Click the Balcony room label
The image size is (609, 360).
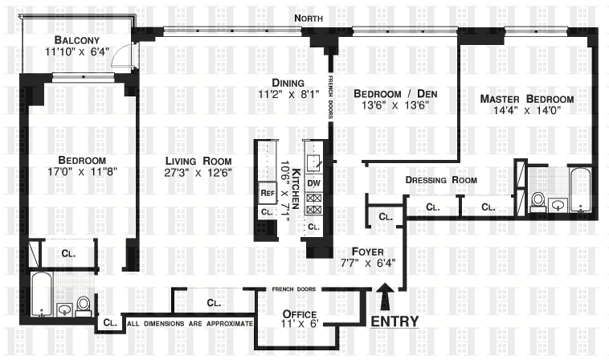pyautogui.click(x=77, y=40)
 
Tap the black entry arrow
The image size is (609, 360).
pyautogui.click(x=385, y=297)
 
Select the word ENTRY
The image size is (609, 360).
pyautogui.click(x=394, y=321)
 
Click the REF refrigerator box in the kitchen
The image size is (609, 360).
pyautogui.click(x=268, y=193)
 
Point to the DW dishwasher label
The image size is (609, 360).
pyautogui.click(x=313, y=182)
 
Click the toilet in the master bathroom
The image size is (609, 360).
pyautogui.click(x=538, y=202)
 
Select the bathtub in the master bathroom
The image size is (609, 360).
pyautogui.click(x=581, y=190)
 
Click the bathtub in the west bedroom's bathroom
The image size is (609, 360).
pyautogui.click(x=42, y=294)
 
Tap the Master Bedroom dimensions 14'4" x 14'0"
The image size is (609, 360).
pyautogui.click(x=527, y=110)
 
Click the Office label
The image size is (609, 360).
pyautogui.click(x=300, y=313)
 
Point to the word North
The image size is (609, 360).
pyautogui.click(x=309, y=18)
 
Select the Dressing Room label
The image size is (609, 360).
pyautogui.click(x=441, y=180)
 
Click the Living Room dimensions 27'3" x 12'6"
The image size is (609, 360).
pyautogui.click(x=198, y=173)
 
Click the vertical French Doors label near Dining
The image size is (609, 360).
pyautogui.click(x=330, y=97)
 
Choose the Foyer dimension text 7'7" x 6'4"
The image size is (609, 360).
pyautogui.click(x=368, y=263)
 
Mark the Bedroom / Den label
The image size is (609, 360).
pyautogui.click(x=395, y=93)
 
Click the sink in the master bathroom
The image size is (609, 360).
pyautogui.click(x=558, y=205)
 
